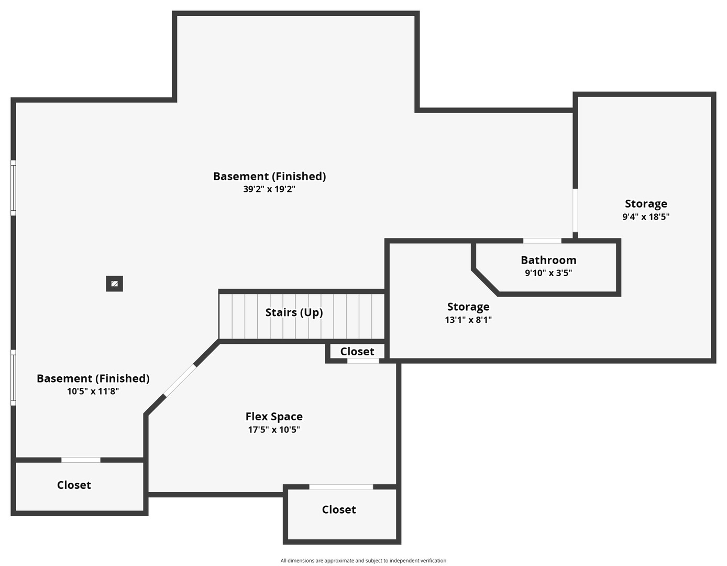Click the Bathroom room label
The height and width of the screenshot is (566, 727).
[548, 260]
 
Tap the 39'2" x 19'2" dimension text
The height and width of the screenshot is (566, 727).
[269, 189]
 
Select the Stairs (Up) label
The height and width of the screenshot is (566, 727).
[294, 312]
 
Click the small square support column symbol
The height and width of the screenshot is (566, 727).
[114, 284]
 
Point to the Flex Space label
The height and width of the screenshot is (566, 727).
[274, 417]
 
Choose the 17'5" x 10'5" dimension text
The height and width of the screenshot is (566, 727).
[274, 429]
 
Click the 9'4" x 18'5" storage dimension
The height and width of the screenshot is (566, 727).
[646, 216]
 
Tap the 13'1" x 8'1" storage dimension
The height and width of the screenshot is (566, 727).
[468, 320]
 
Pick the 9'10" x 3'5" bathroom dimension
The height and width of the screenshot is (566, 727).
[548, 273]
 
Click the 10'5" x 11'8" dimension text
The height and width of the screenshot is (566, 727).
[93, 391]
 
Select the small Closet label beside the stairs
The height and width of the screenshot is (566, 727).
[357, 352]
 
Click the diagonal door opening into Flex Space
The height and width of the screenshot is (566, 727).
[180, 380]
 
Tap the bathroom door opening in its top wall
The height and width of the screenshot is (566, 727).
[542, 241]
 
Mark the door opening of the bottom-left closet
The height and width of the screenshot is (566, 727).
[81, 460]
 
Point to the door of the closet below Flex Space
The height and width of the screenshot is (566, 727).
[341, 487]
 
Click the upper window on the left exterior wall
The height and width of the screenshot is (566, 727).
[14, 188]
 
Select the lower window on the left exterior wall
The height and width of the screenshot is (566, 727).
[14, 377]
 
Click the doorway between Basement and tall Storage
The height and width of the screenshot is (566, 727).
[575, 210]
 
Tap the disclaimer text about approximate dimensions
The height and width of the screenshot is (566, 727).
[363, 560]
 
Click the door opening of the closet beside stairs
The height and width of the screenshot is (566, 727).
[363, 361]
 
